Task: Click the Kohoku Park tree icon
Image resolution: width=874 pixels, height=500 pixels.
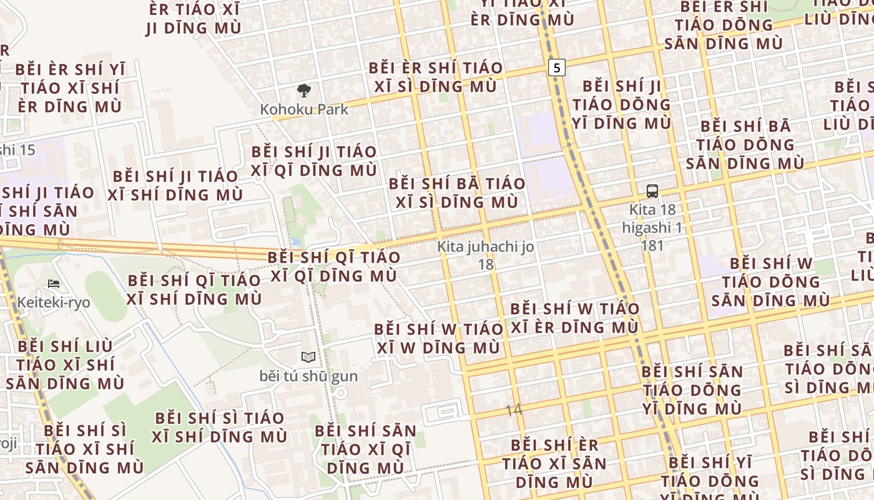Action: [304, 91]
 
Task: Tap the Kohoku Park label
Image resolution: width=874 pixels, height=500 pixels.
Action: [304, 109]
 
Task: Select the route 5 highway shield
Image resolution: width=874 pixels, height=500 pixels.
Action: [557, 67]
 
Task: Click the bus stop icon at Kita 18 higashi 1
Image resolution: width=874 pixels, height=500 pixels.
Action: [652, 191]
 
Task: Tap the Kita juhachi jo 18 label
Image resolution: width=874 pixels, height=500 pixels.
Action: [486, 255]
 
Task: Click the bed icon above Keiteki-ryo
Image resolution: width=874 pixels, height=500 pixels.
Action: [54, 284]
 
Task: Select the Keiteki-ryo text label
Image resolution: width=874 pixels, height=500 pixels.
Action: [54, 302]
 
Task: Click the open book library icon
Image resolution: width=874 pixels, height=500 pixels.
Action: [308, 357]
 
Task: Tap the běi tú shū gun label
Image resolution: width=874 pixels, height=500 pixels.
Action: [308, 376]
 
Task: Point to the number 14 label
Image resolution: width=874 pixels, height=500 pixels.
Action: [513, 410]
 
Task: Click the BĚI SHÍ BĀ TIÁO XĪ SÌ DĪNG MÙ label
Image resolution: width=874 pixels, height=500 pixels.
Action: [456, 192]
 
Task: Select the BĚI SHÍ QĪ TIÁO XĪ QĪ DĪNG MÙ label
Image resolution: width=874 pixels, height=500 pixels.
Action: [334, 266]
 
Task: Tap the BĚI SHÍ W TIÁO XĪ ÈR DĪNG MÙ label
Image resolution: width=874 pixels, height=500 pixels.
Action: [574, 317]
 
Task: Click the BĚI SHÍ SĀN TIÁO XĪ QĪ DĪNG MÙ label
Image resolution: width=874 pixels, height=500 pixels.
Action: [365, 449]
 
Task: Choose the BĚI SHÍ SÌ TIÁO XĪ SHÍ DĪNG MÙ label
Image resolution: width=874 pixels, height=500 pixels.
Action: [220, 427]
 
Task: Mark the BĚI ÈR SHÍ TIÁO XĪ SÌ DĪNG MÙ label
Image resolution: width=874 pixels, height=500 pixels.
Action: [435, 77]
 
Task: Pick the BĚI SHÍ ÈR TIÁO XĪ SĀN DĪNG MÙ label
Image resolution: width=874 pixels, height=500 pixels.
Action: [554, 463]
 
